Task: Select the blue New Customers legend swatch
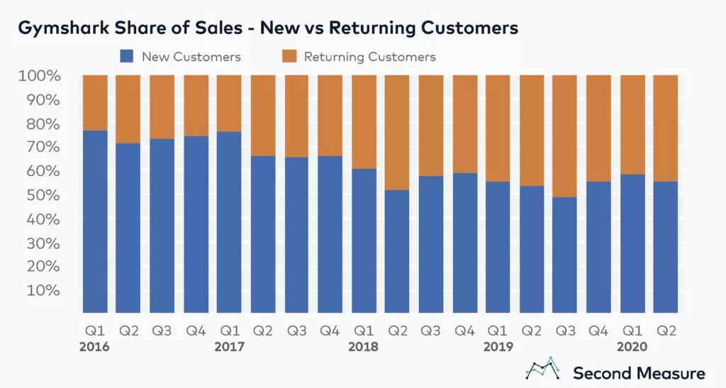(128, 56)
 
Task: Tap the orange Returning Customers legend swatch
(290, 56)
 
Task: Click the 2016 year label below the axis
(95, 347)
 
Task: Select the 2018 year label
(364, 347)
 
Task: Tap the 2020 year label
(632, 347)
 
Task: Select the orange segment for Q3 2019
(565, 135)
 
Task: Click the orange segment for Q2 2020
(666, 128)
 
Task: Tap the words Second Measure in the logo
(639, 372)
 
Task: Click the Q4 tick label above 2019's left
(464, 331)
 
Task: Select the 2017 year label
(229, 347)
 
